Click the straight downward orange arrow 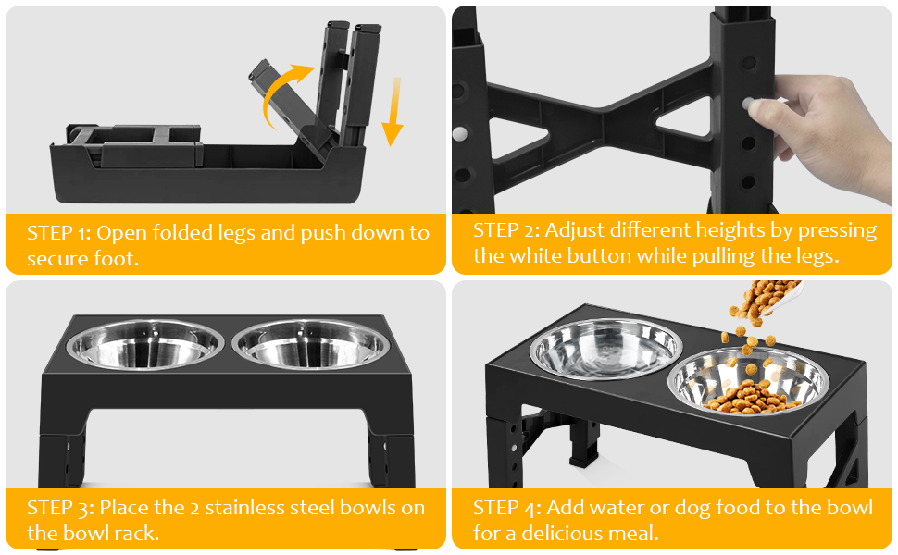pyautogui.click(x=393, y=112)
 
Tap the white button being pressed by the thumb pyautogui.click(x=748, y=104)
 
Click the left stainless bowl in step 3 pyautogui.click(x=145, y=344)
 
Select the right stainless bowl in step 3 pyautogui.click(x=311, y=344)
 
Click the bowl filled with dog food pyautogui.click(x=749, y=381)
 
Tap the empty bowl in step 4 pyautogui.click(x=606, y=349)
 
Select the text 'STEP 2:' pyautogui.click(x=505, y=230)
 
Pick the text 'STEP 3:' pyautogui.click(x=60, y=508)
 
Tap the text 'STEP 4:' pyautogui.click(x=506, y=508)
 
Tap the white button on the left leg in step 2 pyautogui.click(x=459, y=134)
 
